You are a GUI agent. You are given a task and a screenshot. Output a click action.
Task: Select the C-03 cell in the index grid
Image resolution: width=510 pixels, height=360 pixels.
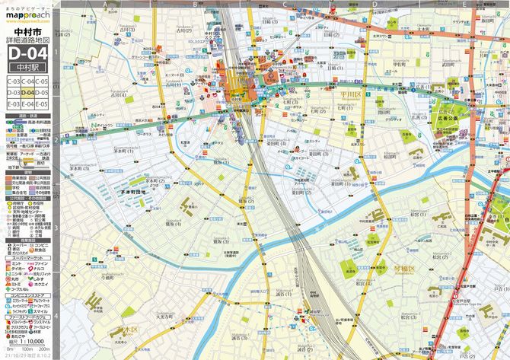pyautogui.click(x=13, y=80)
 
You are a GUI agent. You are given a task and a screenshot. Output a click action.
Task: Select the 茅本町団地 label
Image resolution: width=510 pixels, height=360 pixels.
pyautogui.click(x=137, y=193)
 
